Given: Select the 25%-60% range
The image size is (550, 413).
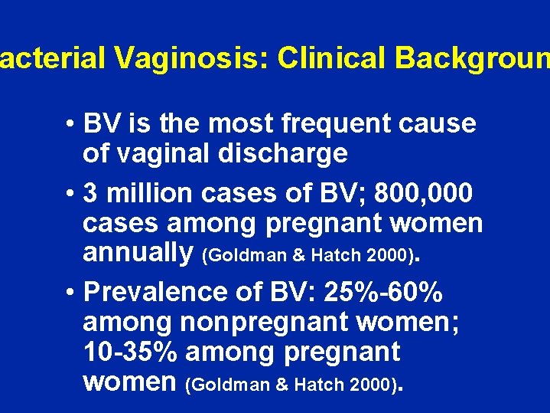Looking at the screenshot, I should pos(383,292).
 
